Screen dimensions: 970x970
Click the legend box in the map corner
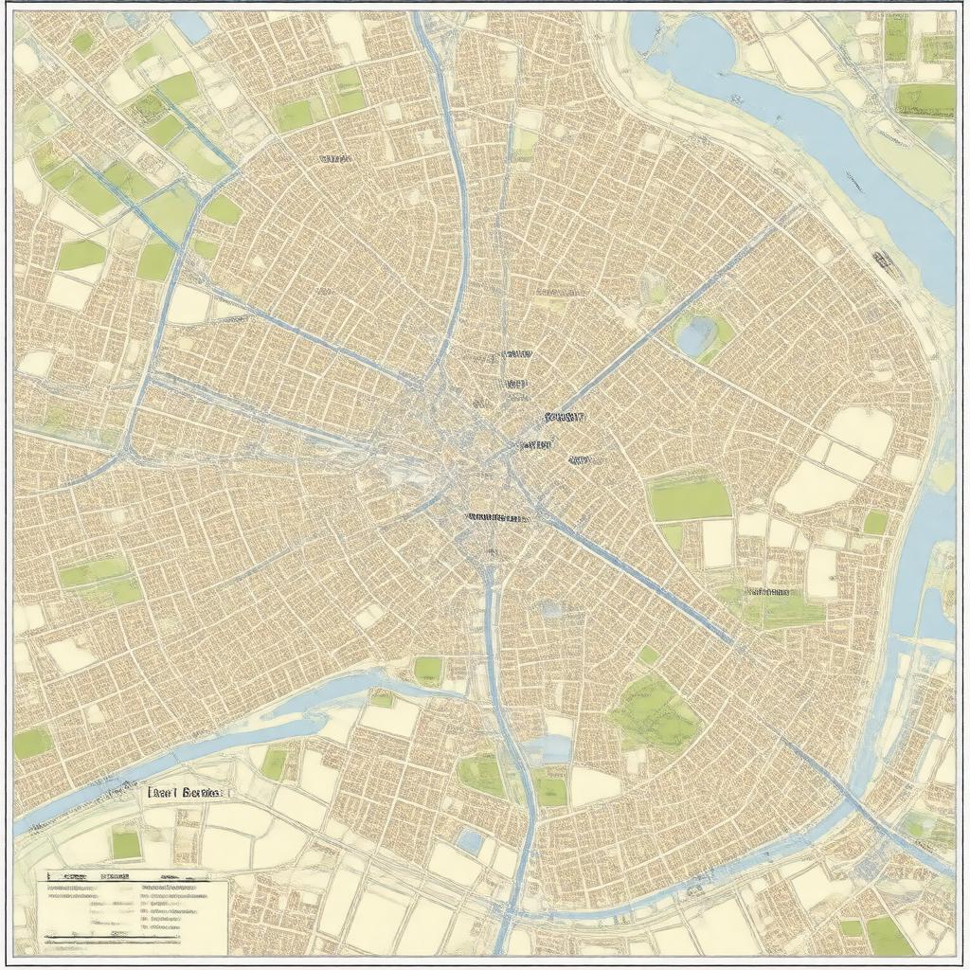pyautogui.click(x=135, y=915)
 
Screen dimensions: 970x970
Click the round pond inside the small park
pyautogui.click(x=696, y=333)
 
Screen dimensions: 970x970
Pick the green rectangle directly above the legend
pyautogui.click(x=125, y=842)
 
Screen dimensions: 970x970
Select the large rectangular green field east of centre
pyautogui.click(x=690, y=499)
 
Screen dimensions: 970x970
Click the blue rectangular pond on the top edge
pyautogui.click(x=192, y=26)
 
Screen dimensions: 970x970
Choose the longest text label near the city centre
pyautogui.click(x=497, y=518)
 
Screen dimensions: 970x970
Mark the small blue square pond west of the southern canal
pyautogui.click(x=469, y=839)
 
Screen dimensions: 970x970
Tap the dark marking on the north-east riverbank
pyautogui.click(x=883, y=260)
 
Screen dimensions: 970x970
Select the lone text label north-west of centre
pyautogui.click(x=334, y=159)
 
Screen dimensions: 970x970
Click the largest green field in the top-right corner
pyautogui.click(x=925, y=99)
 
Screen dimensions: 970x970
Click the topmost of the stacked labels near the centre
pyautogui.click(x=515, y=354)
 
